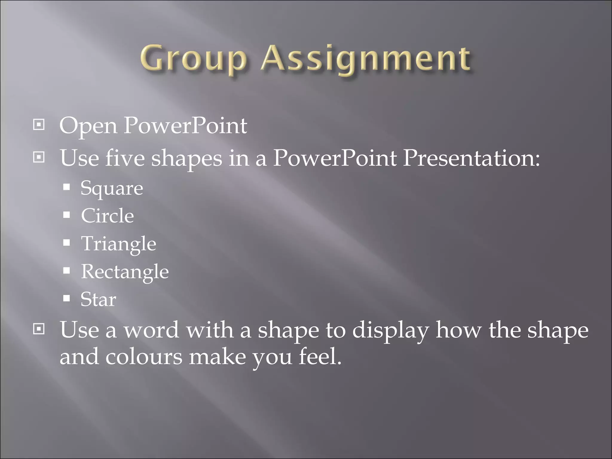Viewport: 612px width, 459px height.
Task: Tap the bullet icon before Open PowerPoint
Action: pyautogui.click(x=39, y=124)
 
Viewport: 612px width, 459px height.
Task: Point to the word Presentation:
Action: pyautogui.click(x=471, y=158)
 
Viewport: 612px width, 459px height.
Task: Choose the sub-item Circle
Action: pyautogui.click(x=107, y=216)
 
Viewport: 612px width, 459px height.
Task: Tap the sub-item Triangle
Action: pyautogui.click(x=119, y=244)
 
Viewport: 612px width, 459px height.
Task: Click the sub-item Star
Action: pyautogui.click(x=98, y=299)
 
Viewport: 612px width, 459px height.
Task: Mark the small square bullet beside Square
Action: pyautogui.click(x=67, y=187)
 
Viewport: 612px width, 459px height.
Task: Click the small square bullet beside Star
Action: pyautogui.click(x=67, y=298)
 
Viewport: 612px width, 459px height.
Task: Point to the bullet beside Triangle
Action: pyautogui.click(x=67, y=242)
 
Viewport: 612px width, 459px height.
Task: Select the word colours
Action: pyautogui.click(x=143, y=357)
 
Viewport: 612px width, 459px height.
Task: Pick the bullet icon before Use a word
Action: pyautogui.click(x=39, y=329)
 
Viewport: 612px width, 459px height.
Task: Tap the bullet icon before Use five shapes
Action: pyautogui.click(x=39, y=157)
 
